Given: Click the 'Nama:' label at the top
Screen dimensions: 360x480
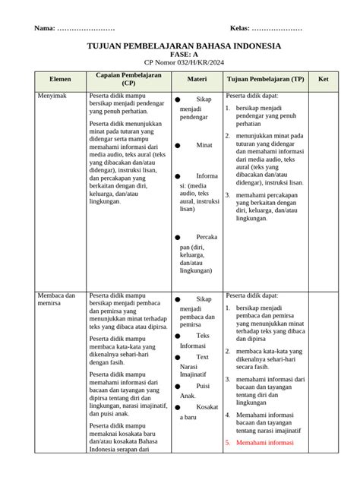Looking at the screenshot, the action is [44, 29].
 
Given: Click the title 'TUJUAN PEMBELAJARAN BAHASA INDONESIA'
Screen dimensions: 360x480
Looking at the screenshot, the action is [183, 46].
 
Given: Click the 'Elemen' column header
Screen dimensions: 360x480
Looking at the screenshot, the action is [60, 79].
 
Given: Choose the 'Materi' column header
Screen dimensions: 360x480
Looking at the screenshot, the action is [197, 79].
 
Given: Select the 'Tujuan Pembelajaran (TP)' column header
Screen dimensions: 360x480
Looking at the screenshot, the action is [266, 79].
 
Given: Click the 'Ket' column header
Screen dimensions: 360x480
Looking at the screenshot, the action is [324, 79].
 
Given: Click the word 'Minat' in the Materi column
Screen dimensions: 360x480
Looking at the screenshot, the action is [204, 144].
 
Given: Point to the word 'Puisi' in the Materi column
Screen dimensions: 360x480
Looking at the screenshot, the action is [203, 386].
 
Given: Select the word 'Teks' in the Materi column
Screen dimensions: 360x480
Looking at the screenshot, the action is [203, 335].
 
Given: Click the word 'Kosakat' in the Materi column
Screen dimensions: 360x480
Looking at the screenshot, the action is [206, 407].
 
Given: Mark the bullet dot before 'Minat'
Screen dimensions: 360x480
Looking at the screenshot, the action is [178, 145].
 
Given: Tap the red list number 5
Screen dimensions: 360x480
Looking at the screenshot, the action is [227, 442].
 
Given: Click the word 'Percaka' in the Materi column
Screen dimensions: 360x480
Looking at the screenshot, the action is [207, 237].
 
